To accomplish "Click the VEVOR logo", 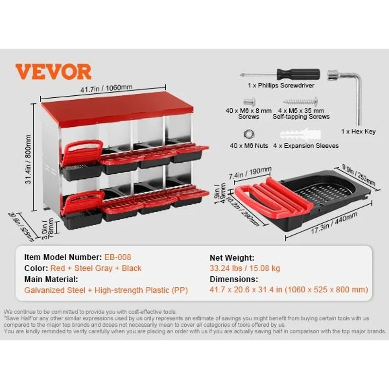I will tap(53, 71).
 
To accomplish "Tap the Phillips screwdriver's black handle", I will tap(298, 74).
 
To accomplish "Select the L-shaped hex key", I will tap(353, 92).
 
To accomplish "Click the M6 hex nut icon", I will tap(248, 132).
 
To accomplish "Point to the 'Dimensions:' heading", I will tap(234, 280).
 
